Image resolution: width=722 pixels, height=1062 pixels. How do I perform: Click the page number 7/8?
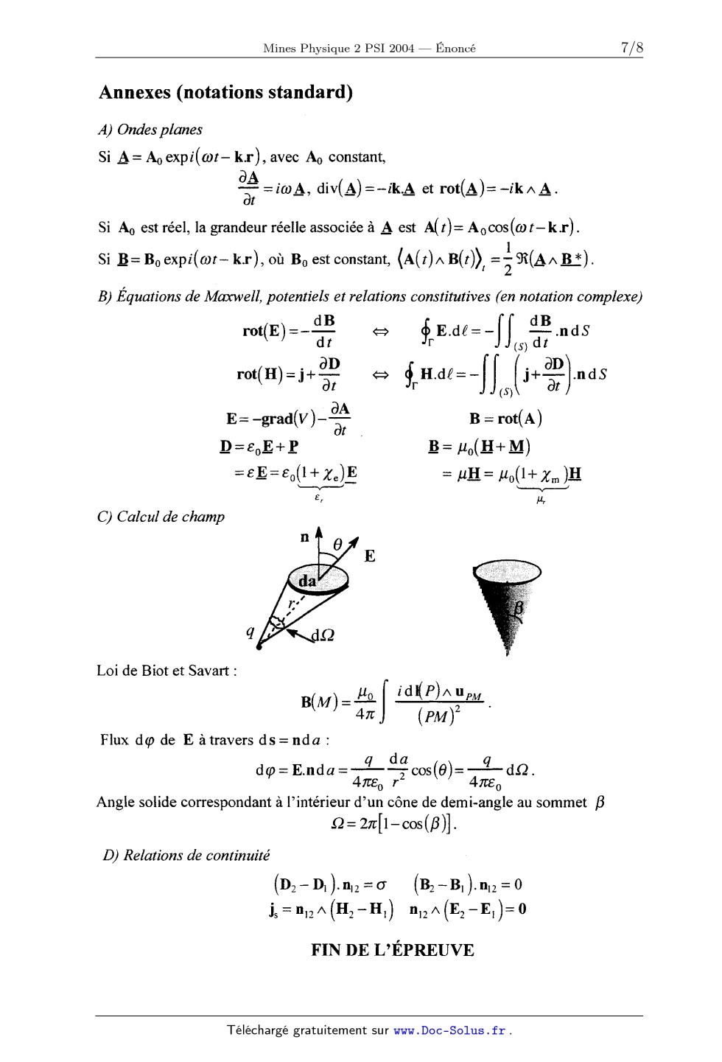pyautogui.click(x=631, y=48)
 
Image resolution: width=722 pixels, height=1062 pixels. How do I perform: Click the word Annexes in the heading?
pyautogui.click(x=134, y=92)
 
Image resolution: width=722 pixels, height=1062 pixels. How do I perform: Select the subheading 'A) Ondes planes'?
pyautogui.click(x=150, y=130)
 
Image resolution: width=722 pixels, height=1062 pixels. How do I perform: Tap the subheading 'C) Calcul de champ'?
pyautogui.click(x=161, y=517)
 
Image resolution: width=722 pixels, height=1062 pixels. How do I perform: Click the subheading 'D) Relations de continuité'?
pyautogui.click(x=186, y=856)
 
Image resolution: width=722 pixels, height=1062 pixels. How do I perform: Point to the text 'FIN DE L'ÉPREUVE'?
pyautogui.click(x=392, y=950)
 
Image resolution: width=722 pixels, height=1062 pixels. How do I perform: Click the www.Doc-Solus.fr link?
pyautogui.click(x=449, y=1030)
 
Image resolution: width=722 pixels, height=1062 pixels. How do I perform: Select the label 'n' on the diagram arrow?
pyautogui.click(x=304, y=537)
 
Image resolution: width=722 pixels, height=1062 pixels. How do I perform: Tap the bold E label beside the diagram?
pyautogui.click(x=370, y=556)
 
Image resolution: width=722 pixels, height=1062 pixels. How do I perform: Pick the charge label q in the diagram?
pyautogui.click(x=250, y=632)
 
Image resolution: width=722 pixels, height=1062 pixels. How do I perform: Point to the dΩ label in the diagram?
pyautogui.click(x=323, y=635)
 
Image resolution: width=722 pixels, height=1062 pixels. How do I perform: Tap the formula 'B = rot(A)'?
pyautogui.click(x=505, y=419)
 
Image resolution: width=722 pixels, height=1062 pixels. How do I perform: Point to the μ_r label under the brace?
pyautogui.click(x=541, y=500)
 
